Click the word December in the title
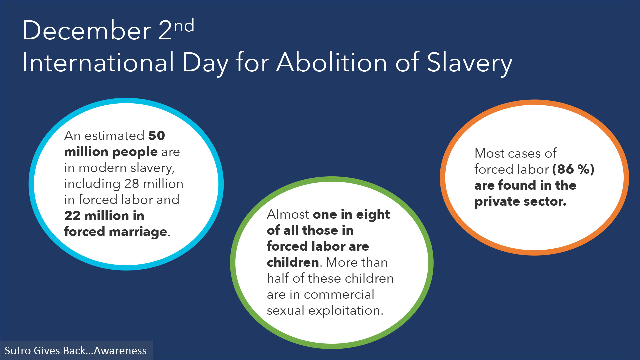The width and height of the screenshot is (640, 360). click(87, 30)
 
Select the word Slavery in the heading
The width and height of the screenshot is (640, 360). click(470, 63)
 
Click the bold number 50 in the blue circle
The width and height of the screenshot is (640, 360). click(157, 136)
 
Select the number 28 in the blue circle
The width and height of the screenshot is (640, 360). click(131, 184)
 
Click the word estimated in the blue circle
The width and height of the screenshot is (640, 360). click(114, 136)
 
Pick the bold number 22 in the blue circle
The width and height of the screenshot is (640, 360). click(72, 216)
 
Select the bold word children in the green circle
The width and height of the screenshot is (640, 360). click(293, 262)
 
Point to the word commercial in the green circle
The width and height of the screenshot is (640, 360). click(339, 295)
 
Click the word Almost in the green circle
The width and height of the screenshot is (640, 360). click(288, 214)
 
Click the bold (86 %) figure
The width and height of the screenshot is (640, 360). click(573, 169)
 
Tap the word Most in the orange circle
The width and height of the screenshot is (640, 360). click(489, 153)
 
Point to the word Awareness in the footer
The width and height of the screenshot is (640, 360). click(120, 351)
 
